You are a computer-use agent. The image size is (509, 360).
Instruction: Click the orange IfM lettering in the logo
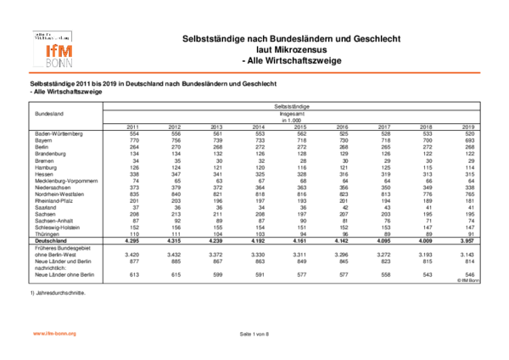(59, 51)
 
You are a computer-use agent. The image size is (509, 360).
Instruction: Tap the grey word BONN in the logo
(59, 63)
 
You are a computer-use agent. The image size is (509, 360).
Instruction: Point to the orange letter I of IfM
(48, 51)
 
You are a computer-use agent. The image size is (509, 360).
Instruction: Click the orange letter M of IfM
(65, 51)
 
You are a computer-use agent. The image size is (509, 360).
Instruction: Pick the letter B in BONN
(48, 63)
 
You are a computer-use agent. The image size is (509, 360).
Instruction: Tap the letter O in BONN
(54, 63)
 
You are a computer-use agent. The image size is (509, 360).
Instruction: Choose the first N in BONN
(62, 63)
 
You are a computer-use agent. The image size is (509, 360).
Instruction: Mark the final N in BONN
(69, 63)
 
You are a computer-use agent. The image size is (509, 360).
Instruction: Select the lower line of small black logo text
(51, 38)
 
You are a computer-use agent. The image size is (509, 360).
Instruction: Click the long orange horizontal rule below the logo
(255, 73)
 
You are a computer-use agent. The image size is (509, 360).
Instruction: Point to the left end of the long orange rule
(28, 73)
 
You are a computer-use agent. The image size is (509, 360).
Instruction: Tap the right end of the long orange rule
(481, 73)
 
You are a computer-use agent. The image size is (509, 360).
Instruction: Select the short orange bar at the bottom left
(54, 334)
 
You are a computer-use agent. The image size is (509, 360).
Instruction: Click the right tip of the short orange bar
(76, 334)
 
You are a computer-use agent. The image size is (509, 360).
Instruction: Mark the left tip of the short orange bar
(33, 334)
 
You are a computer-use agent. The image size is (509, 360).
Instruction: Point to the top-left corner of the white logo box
(30, 28)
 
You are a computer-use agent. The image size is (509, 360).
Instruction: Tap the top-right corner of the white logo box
(76, 28)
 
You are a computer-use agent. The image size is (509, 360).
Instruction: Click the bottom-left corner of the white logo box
(30, 70)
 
